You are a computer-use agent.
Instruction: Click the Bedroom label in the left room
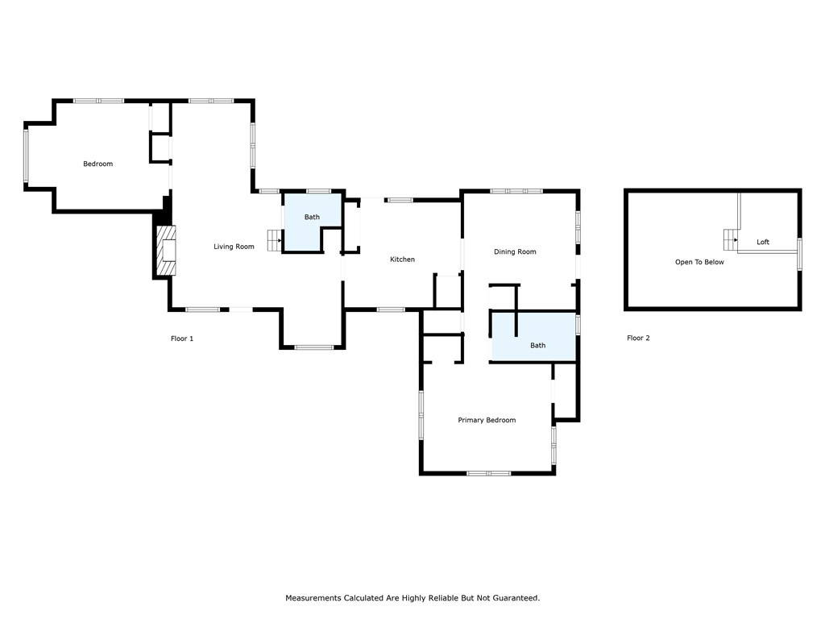(x=97, y=164)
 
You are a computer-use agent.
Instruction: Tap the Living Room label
(x=234, y=247)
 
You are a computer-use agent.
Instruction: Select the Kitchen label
(x=402, y=260)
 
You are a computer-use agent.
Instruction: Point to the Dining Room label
(x=515, y=252)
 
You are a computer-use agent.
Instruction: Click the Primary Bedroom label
(x=487, y=420)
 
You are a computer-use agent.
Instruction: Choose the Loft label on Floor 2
(x=762, y=242)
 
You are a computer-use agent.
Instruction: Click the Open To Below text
(x=699, y=262)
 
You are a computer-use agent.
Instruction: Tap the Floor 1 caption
(x=182, y=339)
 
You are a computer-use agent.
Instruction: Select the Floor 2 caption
(x=638, y=338)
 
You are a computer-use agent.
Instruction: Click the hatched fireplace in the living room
(x=166, y=251)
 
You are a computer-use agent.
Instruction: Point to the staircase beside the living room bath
(x=275, y=239)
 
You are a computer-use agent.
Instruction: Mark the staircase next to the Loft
(x=731, y=239)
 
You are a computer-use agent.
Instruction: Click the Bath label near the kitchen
(x=312, y=217)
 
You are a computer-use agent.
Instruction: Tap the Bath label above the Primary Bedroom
(x=537, y=345)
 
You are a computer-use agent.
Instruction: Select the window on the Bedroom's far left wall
(x=26, y=156)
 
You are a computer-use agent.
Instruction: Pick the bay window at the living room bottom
(x=313, y=347)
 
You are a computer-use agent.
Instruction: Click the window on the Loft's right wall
(x=799, y=254)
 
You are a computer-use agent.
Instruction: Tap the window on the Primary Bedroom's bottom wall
(x=488, y=473)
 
